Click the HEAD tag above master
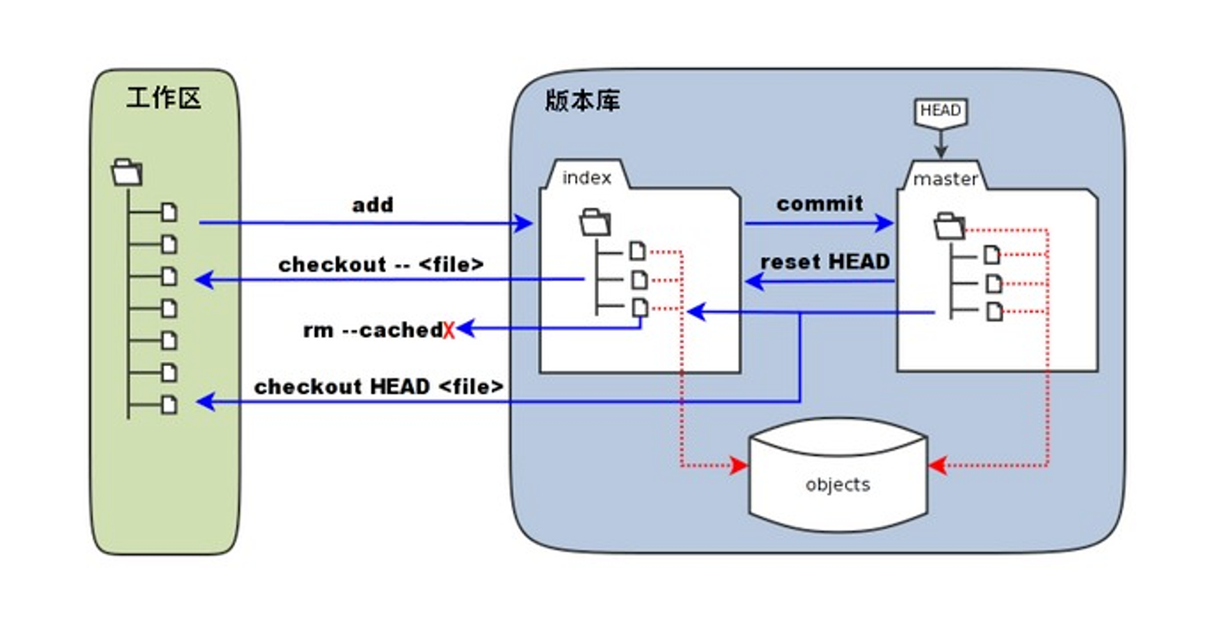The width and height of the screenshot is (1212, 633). coord(940,111)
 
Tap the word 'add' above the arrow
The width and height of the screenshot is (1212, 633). coord(372,205)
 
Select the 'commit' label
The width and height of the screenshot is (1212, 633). coord(819,203)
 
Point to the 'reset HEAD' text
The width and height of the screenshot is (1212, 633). coord(825,262)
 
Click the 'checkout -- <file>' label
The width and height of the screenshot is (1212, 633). coord(381,264)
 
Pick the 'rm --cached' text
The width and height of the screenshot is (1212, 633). coord(372,330)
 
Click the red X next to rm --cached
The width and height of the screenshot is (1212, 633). coord(449,331)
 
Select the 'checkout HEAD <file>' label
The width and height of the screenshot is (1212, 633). coord(379,386)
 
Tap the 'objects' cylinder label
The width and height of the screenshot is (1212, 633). coord(837,484)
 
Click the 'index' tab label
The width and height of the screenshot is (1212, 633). coord(587,178)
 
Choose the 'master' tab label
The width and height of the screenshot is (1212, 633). coord(945,179)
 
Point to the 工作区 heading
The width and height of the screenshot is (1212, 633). coord(164,97)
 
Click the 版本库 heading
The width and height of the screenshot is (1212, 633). coord(582,100)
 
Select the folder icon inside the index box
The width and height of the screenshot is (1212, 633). coord(594,223)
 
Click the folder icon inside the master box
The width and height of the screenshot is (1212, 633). coord(950,225)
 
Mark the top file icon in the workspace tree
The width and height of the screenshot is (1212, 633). coord(169,212)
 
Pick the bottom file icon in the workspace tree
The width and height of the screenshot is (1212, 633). coord(169,405)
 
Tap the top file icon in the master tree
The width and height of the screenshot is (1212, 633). coord(993,255)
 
